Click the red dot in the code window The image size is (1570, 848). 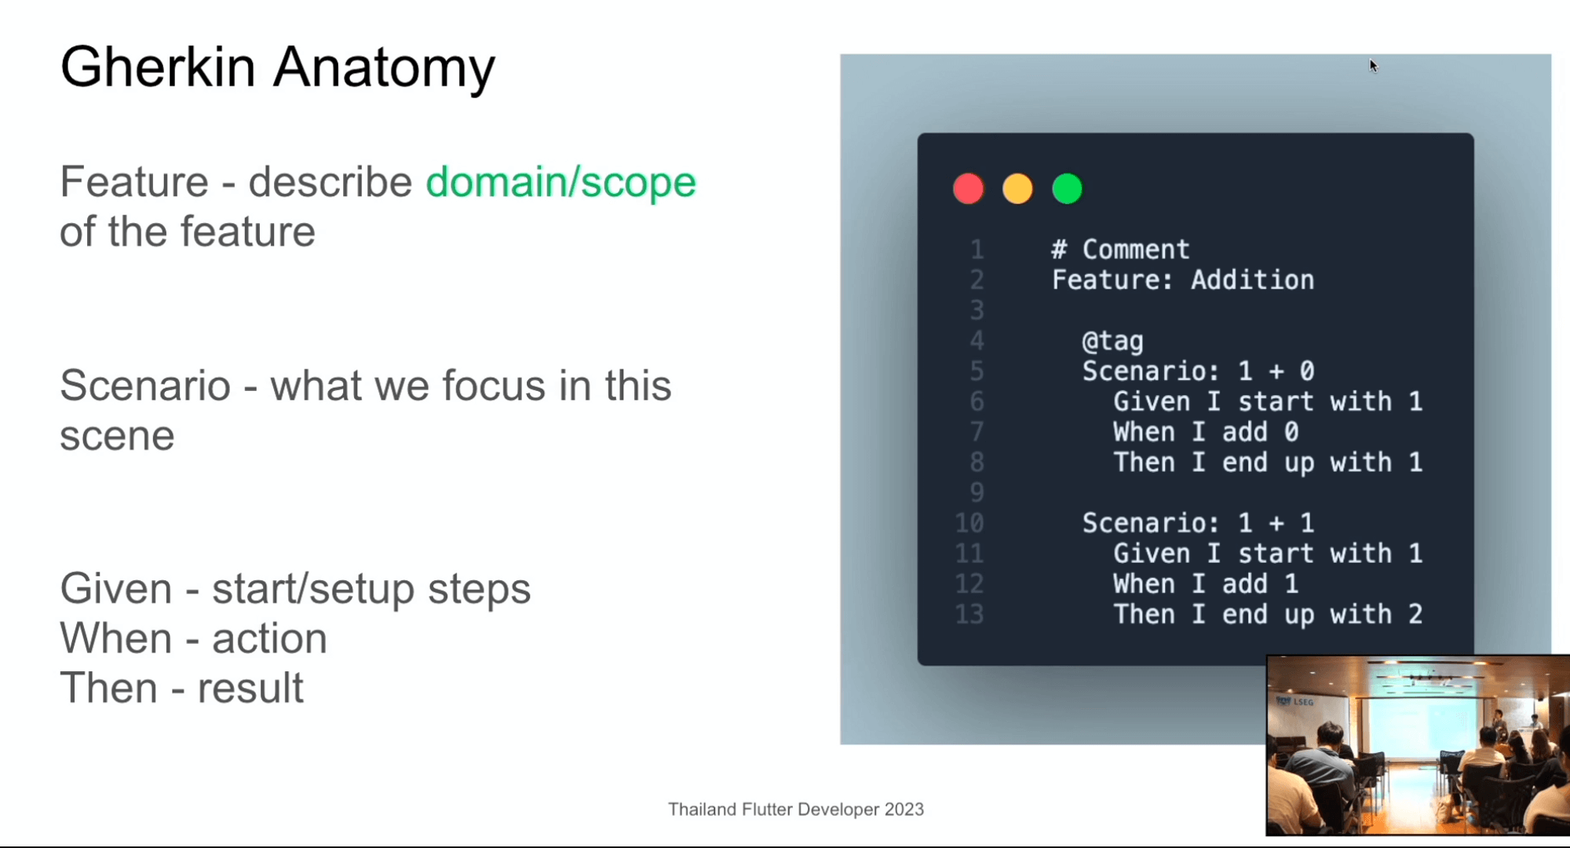968,189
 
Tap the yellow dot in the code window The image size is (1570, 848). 1017,189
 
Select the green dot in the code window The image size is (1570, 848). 1067,189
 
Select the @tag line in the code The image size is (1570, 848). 1112,342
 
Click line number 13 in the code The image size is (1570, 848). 969,614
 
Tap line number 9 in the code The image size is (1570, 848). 977,492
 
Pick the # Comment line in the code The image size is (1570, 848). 1120,250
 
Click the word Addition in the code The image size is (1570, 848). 1252,280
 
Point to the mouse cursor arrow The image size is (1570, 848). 1373,65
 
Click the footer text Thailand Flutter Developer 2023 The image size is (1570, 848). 796,810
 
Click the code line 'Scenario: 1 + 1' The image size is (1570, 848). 1198,523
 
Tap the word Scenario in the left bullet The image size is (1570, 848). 145,386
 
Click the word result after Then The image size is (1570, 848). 250,689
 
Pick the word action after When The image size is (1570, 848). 269,639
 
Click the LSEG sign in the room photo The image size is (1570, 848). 1295,701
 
